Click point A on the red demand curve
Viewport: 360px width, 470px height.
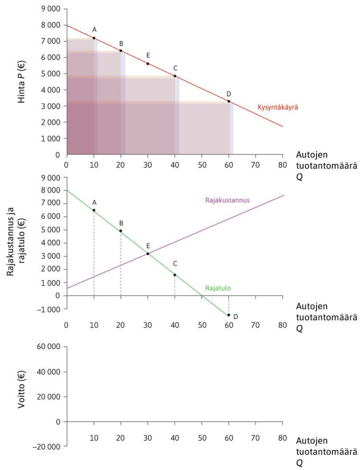(94, 38)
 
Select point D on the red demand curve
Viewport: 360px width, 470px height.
(229, 102)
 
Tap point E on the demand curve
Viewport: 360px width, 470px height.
(148, 64)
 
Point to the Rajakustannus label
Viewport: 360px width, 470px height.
(227, 200)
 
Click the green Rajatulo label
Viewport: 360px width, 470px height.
(218, 288)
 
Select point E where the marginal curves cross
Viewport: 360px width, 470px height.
(148, 254)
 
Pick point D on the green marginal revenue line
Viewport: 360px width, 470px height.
(229, 315)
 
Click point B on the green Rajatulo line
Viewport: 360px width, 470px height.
(120, 231)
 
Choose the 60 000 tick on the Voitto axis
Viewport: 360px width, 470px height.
(50, 347)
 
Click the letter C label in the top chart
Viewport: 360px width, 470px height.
(175, 68)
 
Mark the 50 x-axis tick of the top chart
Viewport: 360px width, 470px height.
(202, 163)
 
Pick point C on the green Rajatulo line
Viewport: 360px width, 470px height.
(175, 275)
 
